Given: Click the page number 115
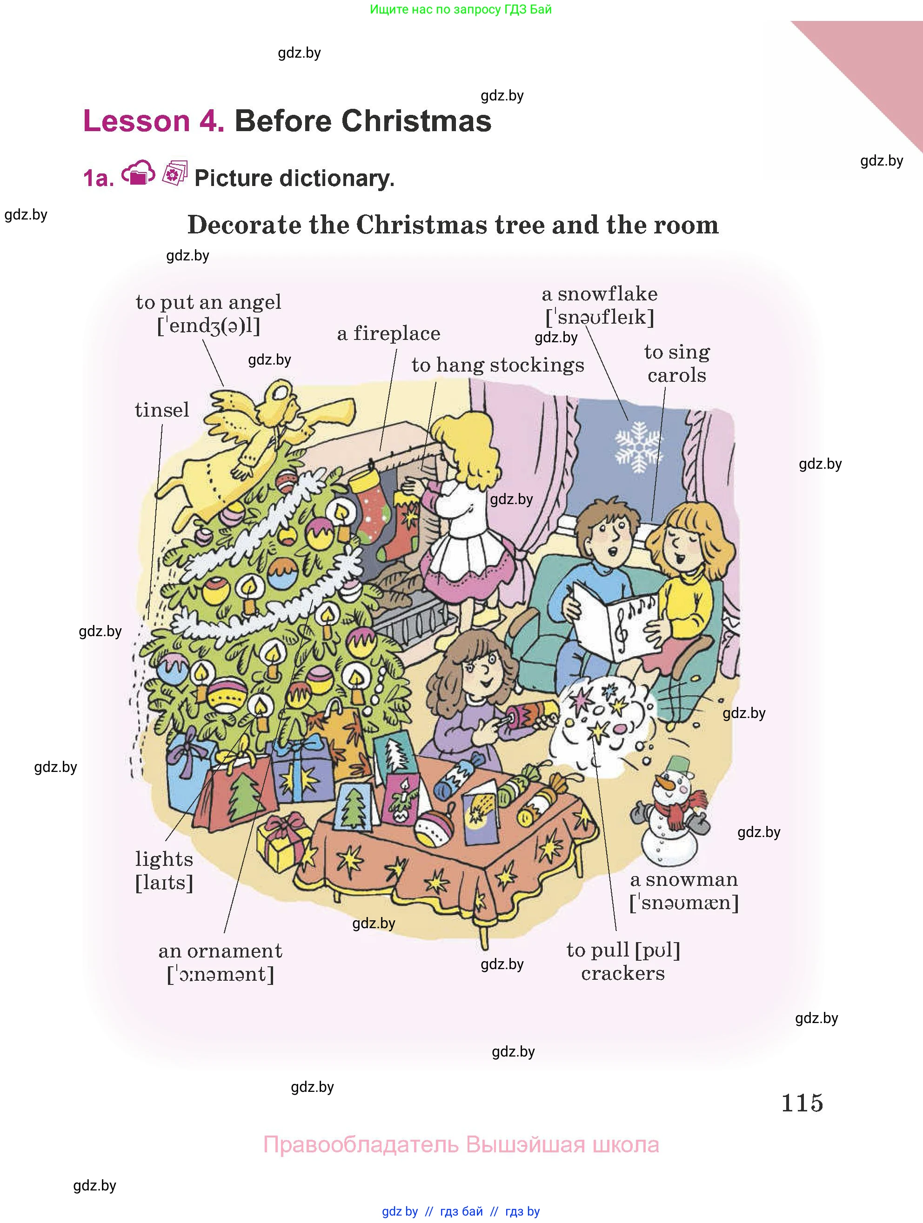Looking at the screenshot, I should click(x=802, y=1103).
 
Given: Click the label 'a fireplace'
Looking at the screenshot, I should click(x=389, y=333).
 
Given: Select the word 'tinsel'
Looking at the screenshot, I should click(x=161, y=410).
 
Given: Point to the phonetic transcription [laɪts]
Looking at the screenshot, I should click(x=164, y=883).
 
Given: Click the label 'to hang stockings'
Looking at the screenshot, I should click(x=498, y=365).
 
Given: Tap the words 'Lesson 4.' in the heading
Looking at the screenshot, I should click(x=154, y=121).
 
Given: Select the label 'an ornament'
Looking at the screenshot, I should click(x=220, y=951).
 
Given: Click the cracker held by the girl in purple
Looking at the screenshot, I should click(x=530, y=713).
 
